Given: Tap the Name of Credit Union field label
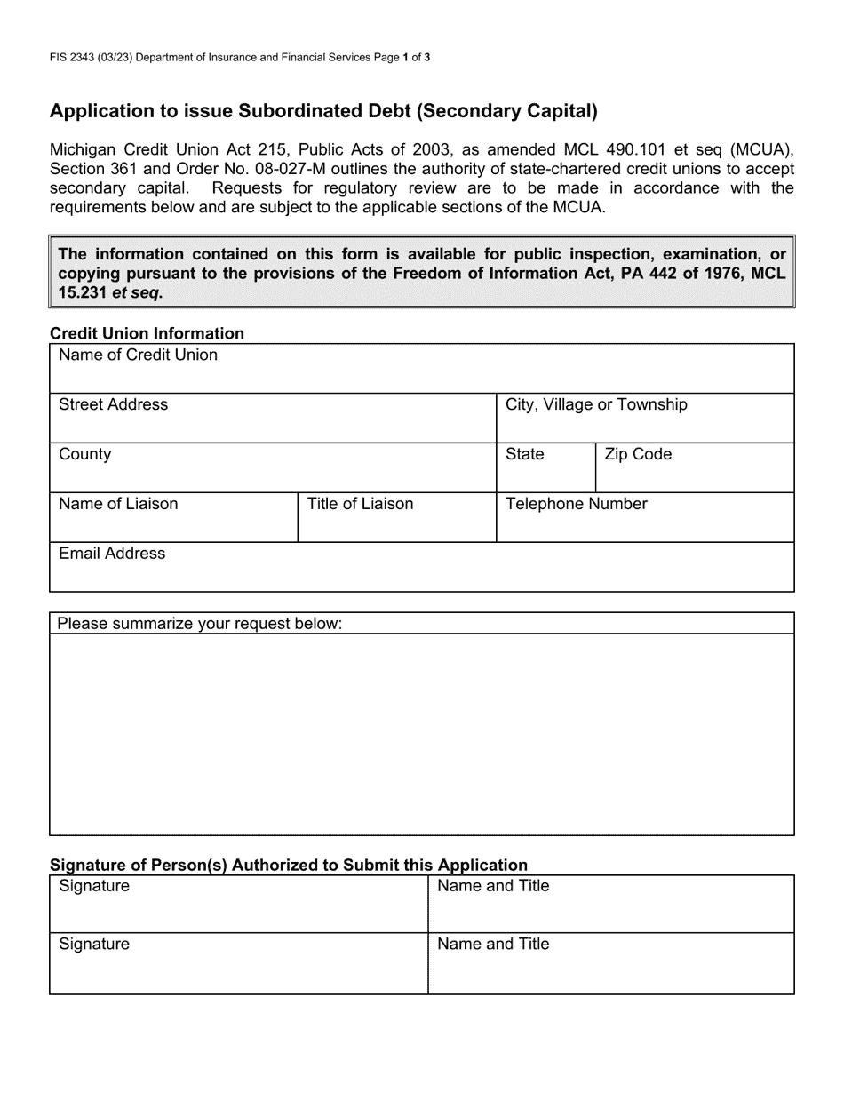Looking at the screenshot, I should [x=138, y=355].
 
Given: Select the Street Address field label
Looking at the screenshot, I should [x=113, y=405].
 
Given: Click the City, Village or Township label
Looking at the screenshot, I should [x=596, y=405].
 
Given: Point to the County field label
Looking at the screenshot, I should [x=85, y=455].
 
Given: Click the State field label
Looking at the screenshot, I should [x=524, y=455].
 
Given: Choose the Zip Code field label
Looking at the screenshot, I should [x=638, y=455].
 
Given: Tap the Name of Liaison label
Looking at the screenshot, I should [x=118, y=505].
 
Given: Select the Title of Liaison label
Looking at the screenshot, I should [x=360, y=505].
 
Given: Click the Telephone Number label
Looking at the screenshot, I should [x=577, y=505].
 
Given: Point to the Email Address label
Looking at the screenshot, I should [x=112, y=554].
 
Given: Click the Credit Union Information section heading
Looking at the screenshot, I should [x=147, y=334].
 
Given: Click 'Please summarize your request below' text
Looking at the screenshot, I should [x=200, y=624].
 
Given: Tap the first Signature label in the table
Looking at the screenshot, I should [x=94, y=887].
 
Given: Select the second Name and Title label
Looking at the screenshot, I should [x=493, y=945].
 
